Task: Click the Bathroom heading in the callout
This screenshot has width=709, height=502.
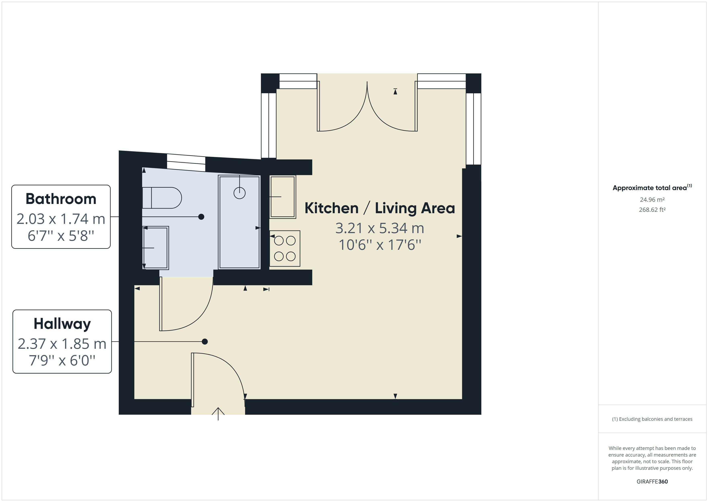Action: pos(61,199)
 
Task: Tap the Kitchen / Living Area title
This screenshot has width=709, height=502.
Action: pos(379,208)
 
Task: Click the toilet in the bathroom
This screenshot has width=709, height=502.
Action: pos(162,198)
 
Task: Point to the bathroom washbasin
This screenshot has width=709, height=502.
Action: pos(156,248)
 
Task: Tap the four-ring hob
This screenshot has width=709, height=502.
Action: pos(285,249)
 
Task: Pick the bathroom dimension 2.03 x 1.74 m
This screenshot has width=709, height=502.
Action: pos(61,219)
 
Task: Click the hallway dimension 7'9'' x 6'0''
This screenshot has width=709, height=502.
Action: pos(62,360)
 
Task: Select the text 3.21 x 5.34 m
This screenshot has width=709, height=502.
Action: pos(379,228)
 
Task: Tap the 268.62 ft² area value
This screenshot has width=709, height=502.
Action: pos(652,210)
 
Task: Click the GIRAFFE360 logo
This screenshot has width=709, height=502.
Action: pos(652,481)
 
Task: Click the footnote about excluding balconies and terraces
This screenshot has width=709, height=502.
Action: pos(652,419)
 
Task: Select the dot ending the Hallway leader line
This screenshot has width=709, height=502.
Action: pos(205,342)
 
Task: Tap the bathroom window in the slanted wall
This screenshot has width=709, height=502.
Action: pos(186,163)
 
